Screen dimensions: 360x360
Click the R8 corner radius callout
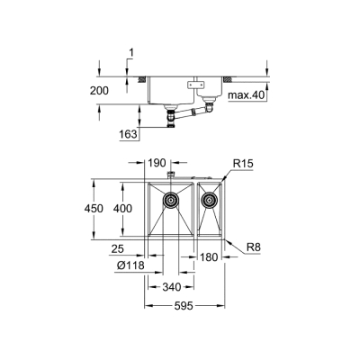coord(238,243)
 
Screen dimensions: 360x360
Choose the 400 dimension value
coord(134,209)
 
